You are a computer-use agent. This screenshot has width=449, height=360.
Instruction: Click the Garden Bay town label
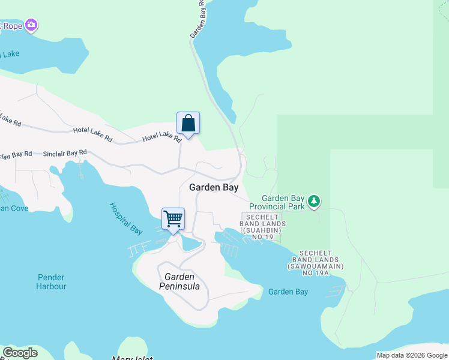click(214, 187)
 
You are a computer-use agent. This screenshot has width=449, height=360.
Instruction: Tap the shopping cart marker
click(173, 220)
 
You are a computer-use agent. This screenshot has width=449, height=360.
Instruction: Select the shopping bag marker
click(188, 124)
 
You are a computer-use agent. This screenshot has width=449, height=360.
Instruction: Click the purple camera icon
click(31, 26)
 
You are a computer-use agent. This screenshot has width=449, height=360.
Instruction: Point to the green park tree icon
click(313, 202)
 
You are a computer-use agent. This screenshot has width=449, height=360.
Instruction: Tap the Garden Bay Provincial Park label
click(283, 202)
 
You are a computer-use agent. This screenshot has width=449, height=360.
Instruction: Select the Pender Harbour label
click(52, 282)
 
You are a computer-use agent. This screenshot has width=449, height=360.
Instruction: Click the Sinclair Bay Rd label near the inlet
click(65, 154)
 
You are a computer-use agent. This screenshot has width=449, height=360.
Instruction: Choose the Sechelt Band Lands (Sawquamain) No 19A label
click(316, 263)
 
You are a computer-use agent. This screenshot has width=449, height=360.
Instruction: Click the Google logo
click(20, 353)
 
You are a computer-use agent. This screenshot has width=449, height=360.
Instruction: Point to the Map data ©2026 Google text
click(412, 355)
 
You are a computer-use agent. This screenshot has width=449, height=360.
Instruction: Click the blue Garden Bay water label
click(288, 292)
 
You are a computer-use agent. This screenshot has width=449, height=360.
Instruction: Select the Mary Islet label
click(132, 358)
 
